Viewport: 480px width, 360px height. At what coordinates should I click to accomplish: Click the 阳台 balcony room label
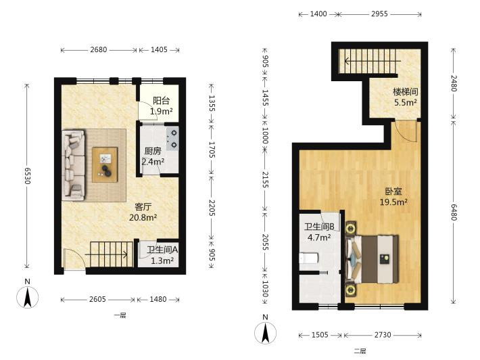161,101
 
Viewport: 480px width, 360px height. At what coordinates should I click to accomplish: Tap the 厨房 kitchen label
152,151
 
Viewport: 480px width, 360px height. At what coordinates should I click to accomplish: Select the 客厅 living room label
143,207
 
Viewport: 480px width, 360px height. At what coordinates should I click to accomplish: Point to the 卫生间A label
162,250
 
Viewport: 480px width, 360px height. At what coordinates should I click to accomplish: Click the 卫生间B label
319,227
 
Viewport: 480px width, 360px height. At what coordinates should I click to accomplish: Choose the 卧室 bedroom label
393,192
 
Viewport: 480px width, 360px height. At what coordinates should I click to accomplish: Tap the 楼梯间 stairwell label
406,91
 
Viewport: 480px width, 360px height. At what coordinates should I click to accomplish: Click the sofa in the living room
74,165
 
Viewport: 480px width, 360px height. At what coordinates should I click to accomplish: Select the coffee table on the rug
105,164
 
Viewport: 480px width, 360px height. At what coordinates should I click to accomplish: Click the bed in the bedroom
373,259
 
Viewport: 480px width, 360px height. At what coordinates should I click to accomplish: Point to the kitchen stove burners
172,139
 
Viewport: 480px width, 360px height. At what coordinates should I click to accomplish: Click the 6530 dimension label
27,175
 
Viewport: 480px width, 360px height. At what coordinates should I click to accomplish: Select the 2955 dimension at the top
379,14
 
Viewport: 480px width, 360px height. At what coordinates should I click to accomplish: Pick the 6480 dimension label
454,211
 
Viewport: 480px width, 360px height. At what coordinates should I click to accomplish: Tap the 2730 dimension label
383,335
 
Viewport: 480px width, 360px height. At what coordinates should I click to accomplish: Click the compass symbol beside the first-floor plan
28,296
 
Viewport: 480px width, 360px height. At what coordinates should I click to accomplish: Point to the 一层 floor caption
120,315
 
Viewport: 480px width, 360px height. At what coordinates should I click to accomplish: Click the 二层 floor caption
360,351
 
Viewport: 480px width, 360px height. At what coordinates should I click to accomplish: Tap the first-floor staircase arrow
106,254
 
